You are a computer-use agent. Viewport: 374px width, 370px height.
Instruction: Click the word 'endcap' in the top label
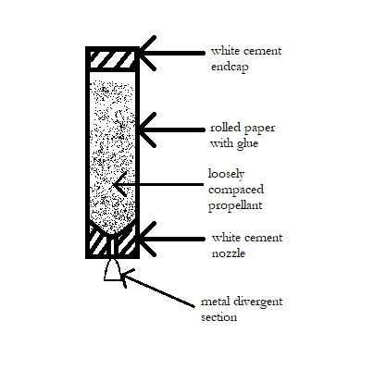tap(230, 67)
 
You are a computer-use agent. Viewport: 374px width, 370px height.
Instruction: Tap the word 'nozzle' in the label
tap(229, 253)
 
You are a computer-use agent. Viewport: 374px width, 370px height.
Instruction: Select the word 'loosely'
tap(226, 175)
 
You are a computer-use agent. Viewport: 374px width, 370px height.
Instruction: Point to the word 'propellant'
tap(235, 206)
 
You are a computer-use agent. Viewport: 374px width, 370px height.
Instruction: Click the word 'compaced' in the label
tap(236, 191)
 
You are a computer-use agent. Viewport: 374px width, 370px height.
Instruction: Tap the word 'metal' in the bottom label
tap(215, 302)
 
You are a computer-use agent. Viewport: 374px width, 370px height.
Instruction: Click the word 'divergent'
tap(257, 302)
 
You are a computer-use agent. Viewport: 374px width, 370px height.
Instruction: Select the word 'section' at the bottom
tap(219, 317)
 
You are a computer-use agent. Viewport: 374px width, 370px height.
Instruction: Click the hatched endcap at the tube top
tap(112, 60)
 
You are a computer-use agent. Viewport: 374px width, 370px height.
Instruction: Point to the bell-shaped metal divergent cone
tap(112, 270)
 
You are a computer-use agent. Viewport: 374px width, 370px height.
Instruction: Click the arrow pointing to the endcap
tap(171, 54)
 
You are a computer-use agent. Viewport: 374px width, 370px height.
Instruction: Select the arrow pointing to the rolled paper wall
tap(171, 129)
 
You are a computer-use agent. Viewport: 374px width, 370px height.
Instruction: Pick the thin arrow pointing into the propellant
tap(158, 185)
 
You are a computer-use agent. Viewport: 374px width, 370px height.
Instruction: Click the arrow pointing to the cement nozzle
tap(171, 239)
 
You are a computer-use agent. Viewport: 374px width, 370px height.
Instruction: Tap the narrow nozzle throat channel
tap(112, 246)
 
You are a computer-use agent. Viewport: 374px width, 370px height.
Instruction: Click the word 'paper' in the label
tap(261, 129)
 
